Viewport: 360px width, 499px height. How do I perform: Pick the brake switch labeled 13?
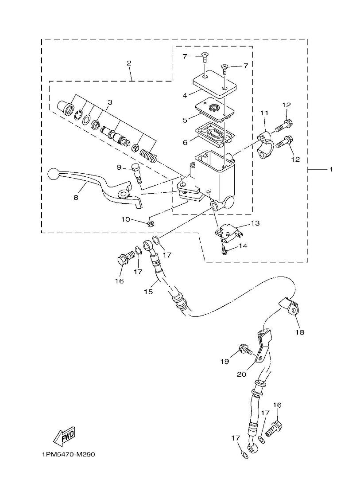point(228,233)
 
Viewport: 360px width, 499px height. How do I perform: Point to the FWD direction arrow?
point(65,435)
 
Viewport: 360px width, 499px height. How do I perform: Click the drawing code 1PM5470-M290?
point(69,455)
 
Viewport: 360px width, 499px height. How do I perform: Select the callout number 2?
point(129,63)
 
